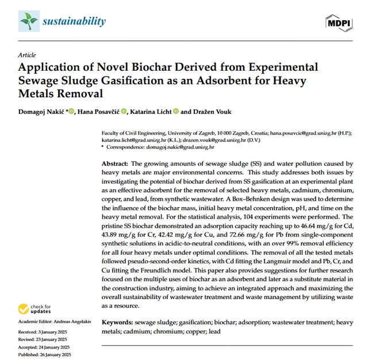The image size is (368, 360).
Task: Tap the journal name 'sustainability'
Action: point(74,22)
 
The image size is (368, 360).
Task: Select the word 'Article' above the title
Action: point(26,55)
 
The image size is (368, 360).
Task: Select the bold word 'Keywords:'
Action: point(119,323)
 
